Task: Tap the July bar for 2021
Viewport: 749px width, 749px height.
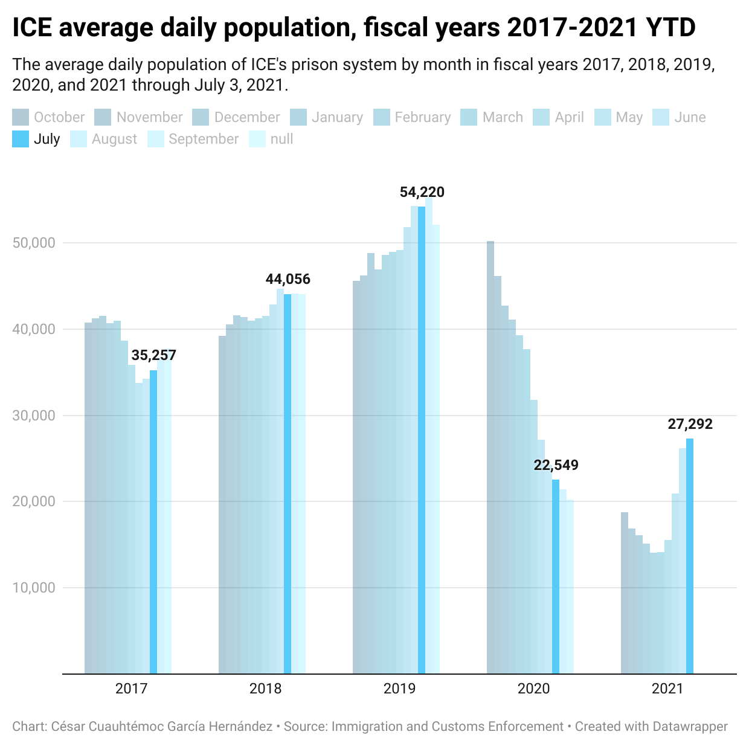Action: (x=690, y=556)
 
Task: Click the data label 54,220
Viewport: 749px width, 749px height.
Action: (x=422, y=193)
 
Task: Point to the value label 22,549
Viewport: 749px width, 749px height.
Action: (x=556, y=465)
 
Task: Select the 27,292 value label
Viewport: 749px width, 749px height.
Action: (x=690, y=424)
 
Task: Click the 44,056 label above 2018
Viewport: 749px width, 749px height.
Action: (x=288, y=279)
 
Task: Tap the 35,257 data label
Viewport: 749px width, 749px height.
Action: (x=153, y=355)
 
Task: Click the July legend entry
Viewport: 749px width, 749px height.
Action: (x=47, y=139)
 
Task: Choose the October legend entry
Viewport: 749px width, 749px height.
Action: (x=59, y=117)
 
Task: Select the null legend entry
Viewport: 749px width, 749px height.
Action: (x=281, y=139)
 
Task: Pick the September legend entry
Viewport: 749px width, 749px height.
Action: (x=203, y=139)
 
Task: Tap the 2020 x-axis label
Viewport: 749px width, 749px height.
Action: (x=534, y=689)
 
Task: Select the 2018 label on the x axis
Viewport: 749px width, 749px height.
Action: (x=266, y=689)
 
